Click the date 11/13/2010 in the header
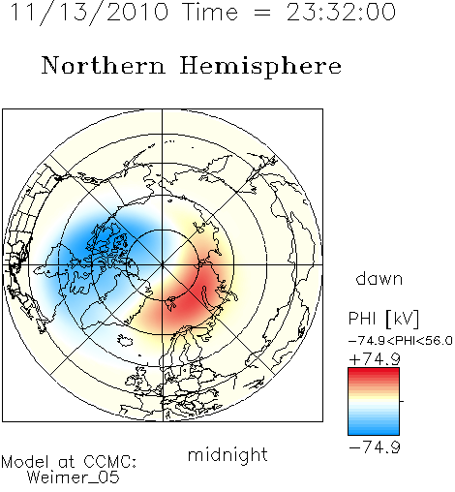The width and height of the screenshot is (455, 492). [89, 13]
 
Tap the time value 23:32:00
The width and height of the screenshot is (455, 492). [341, 12]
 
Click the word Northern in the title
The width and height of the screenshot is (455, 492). [104, 65]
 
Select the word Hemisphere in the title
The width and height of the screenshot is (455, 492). [260, 66]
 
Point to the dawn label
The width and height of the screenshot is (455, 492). [379, 278]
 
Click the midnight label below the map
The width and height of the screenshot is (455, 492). [227, 454]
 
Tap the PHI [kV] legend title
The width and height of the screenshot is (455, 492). [383, 319]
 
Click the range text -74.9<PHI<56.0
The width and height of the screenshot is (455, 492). [401, 341]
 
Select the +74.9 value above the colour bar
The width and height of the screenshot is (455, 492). [375, 359]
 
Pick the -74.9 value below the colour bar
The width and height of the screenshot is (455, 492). [375, 447]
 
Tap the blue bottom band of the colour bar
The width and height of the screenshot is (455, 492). [374, 431]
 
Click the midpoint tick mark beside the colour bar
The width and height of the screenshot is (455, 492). [402, 401]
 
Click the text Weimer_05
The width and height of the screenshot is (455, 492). [74, 477]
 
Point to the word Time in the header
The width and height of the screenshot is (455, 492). [210, 12]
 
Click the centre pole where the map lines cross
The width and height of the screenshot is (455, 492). [163, 264]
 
